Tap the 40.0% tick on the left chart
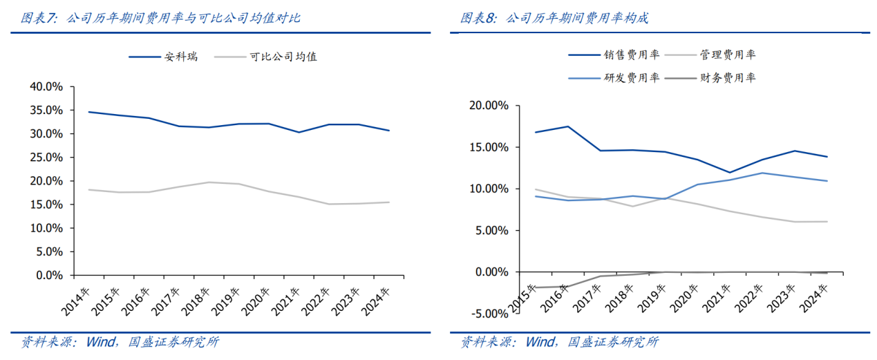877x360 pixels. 47,86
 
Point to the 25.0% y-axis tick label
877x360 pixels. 47,158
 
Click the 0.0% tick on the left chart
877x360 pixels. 50,275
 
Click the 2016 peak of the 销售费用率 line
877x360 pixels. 568,126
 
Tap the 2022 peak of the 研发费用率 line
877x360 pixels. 762,173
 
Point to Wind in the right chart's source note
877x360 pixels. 540,341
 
